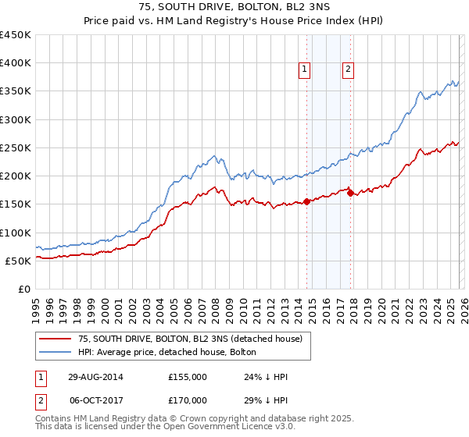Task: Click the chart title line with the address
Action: click(x=234, y=9)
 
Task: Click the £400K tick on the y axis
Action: click(x=16, y=63)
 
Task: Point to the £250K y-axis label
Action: click(x=16, y=147)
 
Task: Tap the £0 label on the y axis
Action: click(x=23, y=289)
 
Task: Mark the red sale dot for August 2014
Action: click(x=306, y=201)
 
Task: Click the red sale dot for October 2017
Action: click(x=349, y=193)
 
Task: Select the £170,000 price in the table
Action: click(x=187, y=400)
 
